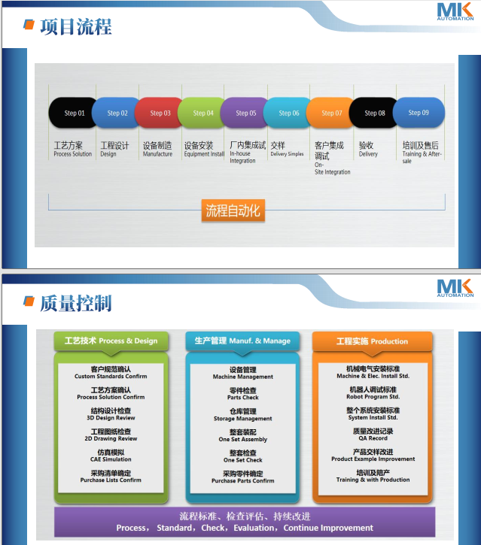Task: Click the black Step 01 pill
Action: point(73,113)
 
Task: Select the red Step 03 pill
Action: point(160,113)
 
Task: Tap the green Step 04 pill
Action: point(202,113)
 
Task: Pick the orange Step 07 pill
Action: point(330,113)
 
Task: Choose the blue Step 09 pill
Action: point(419,113)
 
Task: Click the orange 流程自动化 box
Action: point(233,210)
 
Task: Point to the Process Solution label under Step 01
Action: point(73,154)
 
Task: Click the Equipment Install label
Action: point(204,154)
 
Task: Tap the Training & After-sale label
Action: point(422,157)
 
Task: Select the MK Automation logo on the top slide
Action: point(455,12)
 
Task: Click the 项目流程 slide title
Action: point(76,27)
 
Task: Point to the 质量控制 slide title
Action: point(76,304)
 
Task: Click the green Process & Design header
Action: point(111,341)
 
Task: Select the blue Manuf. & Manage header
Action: point(242,341)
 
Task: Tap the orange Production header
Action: point(372,341)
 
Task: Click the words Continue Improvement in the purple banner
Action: point(328,528)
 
